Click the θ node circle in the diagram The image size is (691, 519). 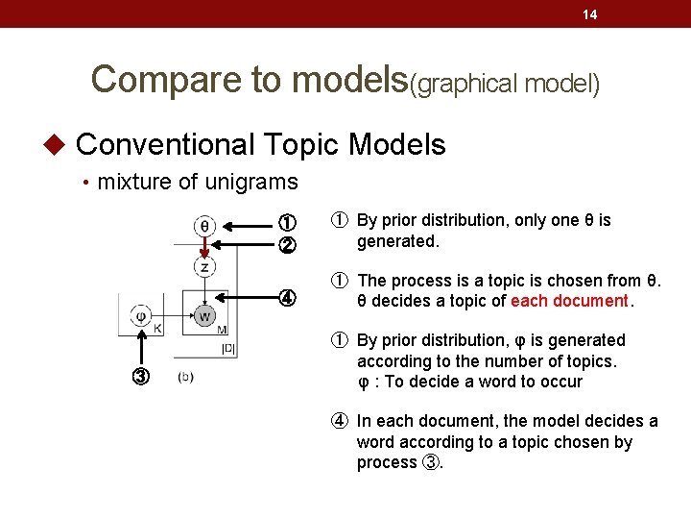coord(204,227)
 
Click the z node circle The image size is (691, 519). coord(204,266)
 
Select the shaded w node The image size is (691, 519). coord(204,315)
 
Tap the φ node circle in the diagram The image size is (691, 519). coord(140,315)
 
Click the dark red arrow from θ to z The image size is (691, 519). coord(204,246)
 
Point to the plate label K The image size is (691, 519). coord(158,330)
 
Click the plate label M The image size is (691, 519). coord(223,330)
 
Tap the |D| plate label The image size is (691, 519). coord(227,348)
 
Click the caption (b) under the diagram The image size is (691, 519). coord(186,377)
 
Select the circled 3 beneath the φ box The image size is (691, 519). coord(141,376)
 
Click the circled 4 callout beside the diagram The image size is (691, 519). coord(286,295)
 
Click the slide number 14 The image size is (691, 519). coord(590,14)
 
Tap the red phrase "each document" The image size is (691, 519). coord(568,301)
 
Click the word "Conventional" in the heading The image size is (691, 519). coord(164,145)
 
